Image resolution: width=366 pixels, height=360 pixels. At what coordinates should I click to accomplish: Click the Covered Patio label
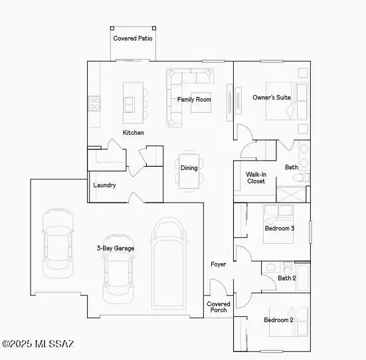pyautogui.click(x=133, y=39)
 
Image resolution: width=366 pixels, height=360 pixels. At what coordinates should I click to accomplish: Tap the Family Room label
pyautogui.click(x=194, y=100)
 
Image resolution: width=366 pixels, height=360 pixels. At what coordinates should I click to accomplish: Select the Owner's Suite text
pyautogui.click(x=271, y=98)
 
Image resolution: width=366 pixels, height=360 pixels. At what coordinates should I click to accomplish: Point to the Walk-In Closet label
pyautogui.click(x=256, y=177)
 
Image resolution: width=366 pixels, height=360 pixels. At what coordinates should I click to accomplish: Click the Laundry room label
pyautogui.click(x=105, y=185)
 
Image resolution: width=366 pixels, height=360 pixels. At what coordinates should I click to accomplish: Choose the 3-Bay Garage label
pyautogui.click(x=115, y=248)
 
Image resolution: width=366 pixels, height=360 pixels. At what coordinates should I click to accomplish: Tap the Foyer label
pyautogui.click(x=218, y=264)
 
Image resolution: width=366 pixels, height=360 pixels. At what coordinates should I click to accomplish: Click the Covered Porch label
pyautogui.click(x=219, y=307)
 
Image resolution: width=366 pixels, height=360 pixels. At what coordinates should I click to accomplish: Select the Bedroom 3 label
pyautogui.click(x=279, y=228)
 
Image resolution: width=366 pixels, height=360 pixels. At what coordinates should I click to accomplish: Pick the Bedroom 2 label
pyautogui.click(x=278, y=320)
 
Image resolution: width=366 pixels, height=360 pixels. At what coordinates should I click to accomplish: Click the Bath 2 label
pyautogui.click(x=286, y=278)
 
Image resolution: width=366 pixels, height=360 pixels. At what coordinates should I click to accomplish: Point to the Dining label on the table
pyautogui.click(x=189, y=168)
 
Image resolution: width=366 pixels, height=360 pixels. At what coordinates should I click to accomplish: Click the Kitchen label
pyautogui.click(x=133, y=133)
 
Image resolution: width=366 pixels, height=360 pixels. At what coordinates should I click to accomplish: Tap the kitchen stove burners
pyautogui.click(x=94, y=103)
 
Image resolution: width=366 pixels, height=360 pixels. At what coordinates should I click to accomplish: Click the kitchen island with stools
pyautogui.click(x=131, y=102)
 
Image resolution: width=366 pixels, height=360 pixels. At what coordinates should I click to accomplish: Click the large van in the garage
pyautogui.click(x=171, y=262)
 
